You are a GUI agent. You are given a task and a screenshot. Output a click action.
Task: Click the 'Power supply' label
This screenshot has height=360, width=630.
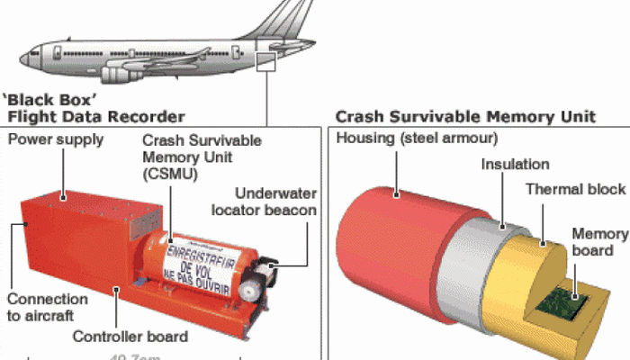[56, 139]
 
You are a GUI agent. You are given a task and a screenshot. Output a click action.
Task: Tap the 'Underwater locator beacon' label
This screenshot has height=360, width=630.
[275, 202]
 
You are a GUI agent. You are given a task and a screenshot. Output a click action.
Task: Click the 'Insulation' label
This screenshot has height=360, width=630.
[515, 165]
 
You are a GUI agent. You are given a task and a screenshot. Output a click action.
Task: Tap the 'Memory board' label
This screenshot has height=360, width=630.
[599, 242]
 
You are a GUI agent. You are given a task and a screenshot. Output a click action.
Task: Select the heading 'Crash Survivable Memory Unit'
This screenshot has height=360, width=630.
[464, 116]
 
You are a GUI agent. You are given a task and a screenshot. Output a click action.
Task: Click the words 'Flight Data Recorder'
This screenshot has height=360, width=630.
[96, 116]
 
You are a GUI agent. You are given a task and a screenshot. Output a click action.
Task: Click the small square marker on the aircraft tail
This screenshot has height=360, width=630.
[265, 61]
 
